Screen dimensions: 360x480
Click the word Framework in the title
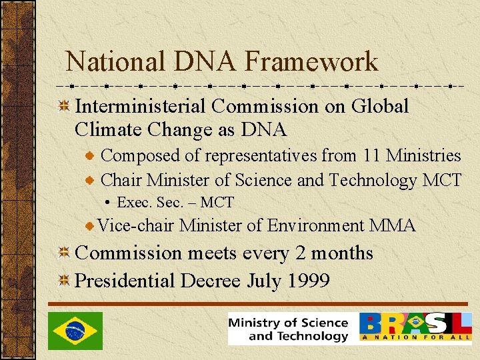coord(311,62)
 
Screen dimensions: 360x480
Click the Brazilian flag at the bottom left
coord(75,331)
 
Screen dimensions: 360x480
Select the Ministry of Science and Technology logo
coord(289,329)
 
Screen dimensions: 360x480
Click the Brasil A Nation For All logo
coord(416,327)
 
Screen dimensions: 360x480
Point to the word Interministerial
coord(141,106)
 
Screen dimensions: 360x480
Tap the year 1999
coord(308,281)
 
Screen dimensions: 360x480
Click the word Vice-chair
coord(136,226)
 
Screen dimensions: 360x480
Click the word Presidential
coord(125,281)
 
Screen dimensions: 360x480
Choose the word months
coord(340,253)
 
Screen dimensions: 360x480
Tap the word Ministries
coord(424,155)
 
